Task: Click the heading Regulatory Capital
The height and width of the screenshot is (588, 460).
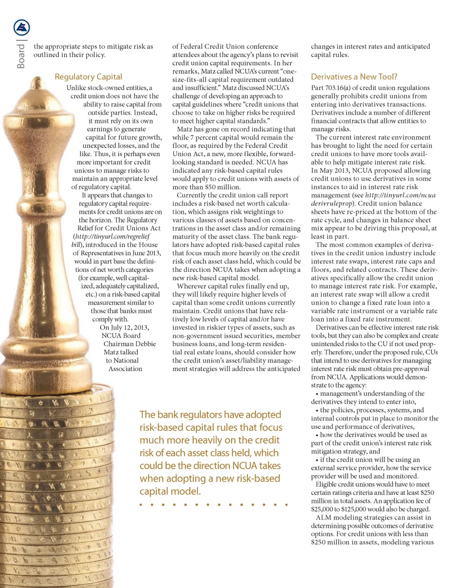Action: pos(89,77)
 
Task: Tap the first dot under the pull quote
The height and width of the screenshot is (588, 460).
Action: pos(142,505)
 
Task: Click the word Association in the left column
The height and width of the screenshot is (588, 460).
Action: pos(126,369)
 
